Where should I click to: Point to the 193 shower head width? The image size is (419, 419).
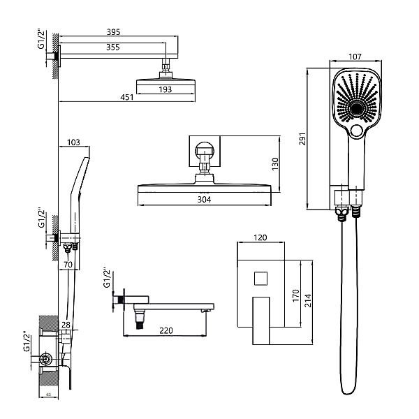(165, 89)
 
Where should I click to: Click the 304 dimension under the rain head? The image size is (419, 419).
(204, 198)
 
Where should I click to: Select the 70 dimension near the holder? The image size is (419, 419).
(68, 265)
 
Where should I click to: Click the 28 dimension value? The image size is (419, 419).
(66, 325)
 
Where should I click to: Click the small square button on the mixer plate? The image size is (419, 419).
(260, 279)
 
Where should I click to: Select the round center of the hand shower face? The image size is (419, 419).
(356, 110)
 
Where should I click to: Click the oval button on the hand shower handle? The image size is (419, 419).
(357, 130)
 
